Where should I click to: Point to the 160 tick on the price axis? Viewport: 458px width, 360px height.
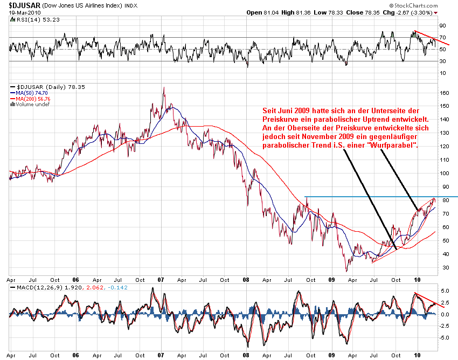click(445, 93)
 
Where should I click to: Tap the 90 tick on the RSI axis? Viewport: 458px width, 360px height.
click(443, 25)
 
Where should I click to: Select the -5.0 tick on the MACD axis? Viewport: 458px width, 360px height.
click(445, 338)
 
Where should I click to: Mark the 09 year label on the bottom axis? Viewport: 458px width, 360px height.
click(332, 281)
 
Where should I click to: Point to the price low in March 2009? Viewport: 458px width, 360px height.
click(347, 271)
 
